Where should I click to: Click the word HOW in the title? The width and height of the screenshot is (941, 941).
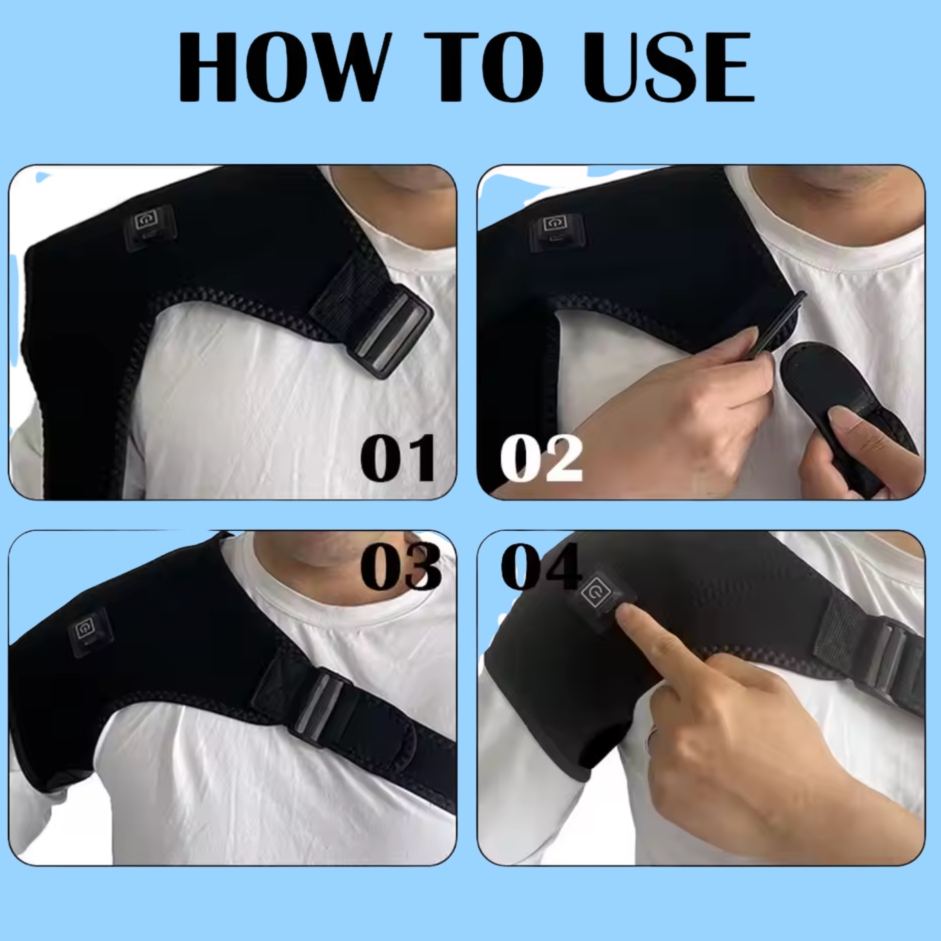(x=282, y=66)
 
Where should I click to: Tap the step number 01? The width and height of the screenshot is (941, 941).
(x=398, y=458)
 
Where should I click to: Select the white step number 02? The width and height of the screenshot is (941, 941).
(x=541, y=458)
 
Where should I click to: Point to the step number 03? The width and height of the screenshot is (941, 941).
(x=400, y=566)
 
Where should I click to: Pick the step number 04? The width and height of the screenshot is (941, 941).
(x=541, y=566)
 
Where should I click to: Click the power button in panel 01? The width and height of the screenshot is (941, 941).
(x=147, y=220)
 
